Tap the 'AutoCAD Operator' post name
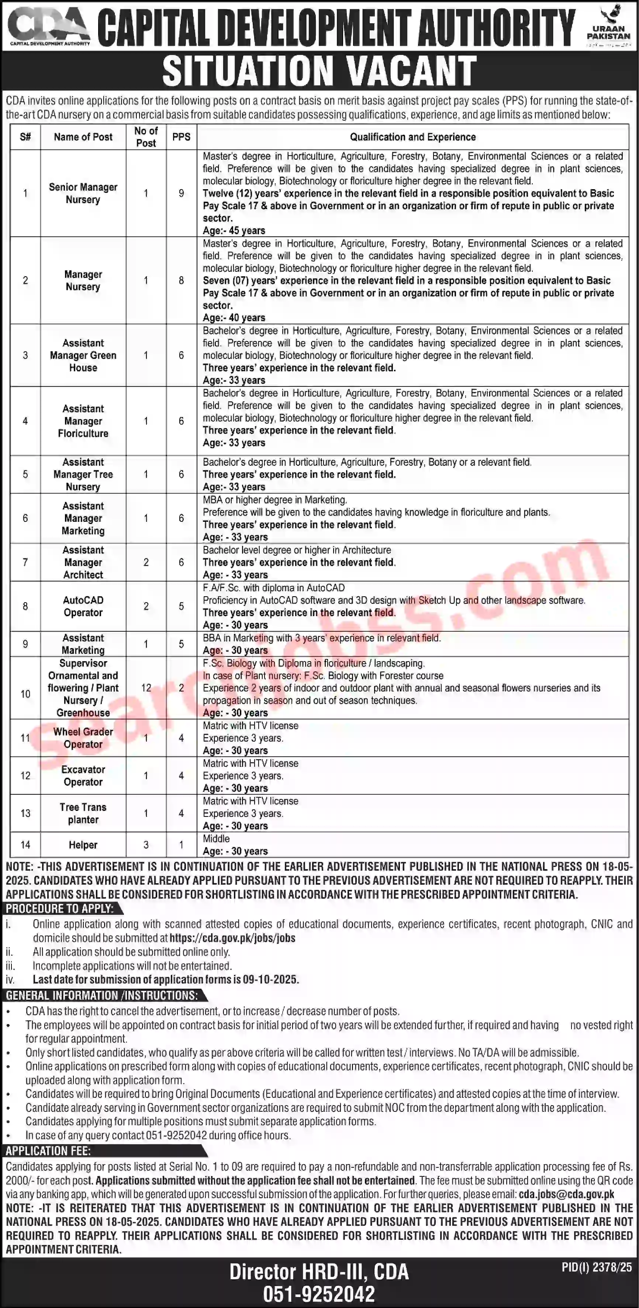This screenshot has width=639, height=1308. [x=83, y=606]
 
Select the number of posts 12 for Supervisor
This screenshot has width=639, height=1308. [x=146, y=688]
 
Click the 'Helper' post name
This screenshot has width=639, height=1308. [x=83, y=845]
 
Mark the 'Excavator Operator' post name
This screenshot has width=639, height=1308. [x=83, y=776]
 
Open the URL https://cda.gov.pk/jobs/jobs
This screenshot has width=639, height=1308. [x=233, y=939]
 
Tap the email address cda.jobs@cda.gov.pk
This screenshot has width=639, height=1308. [x=566, y=1194]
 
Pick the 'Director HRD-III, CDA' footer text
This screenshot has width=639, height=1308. [x=319, y=1272]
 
